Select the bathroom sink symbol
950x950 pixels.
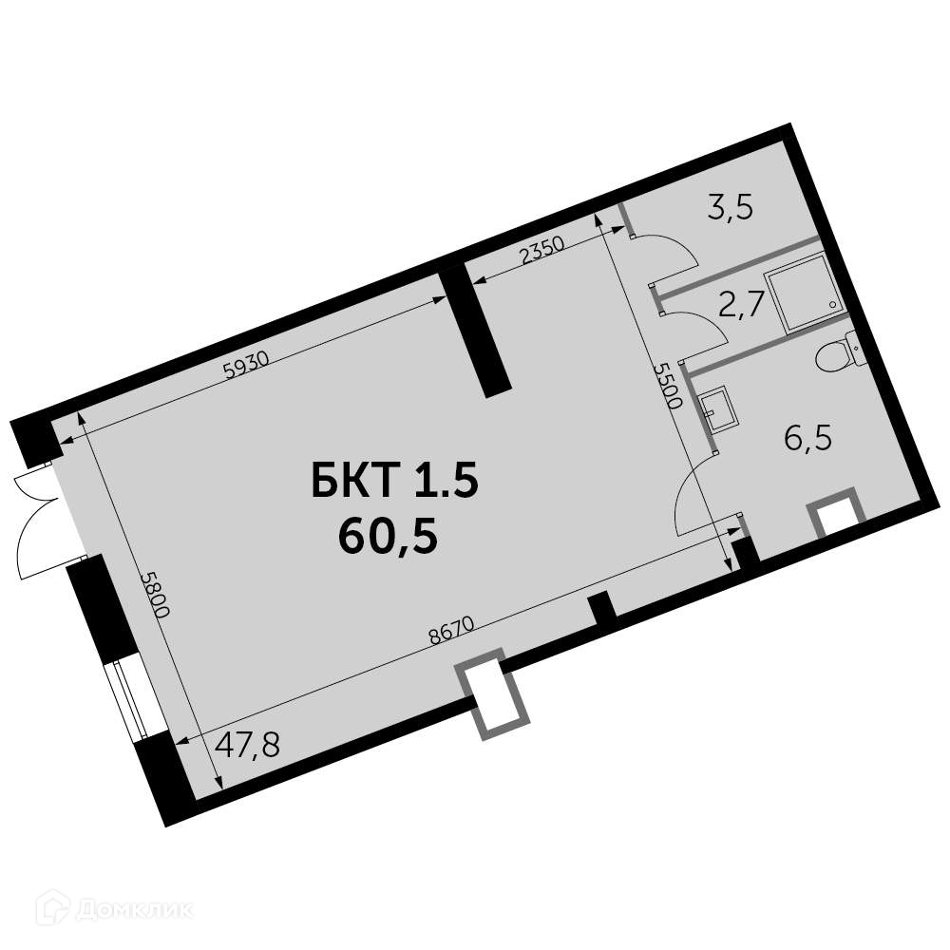(717, 409)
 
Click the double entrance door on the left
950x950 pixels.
(38, 518)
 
